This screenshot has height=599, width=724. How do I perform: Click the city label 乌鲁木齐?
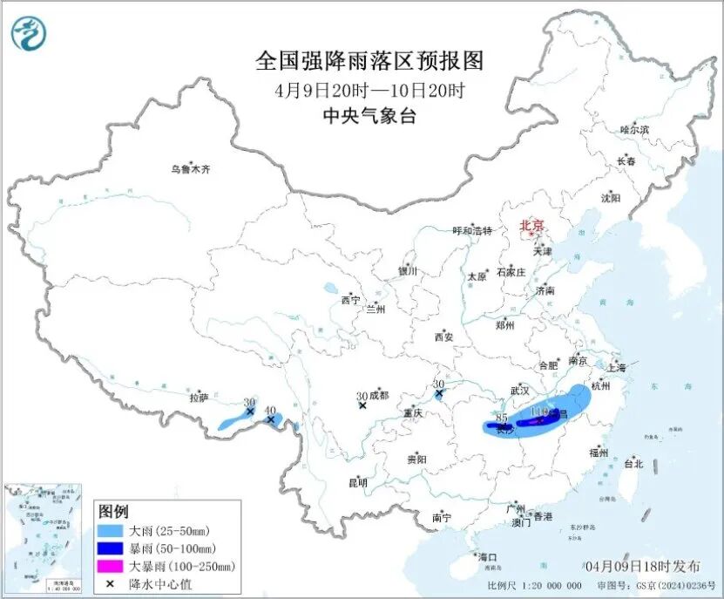point(190,169)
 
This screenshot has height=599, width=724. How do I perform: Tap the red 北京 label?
point(531,226)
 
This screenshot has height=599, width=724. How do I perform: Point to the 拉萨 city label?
point(200,398)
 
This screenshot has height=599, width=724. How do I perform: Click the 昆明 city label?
point(357,482)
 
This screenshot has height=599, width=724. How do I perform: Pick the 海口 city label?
point(486,557)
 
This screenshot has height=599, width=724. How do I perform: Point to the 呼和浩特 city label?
point(472,231)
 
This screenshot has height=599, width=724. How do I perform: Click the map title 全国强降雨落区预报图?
point(369,61)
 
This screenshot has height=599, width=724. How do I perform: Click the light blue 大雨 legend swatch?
point(111,530)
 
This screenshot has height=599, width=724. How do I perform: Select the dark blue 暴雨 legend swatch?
point(111,548)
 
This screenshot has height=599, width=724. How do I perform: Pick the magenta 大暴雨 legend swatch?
point(111,567)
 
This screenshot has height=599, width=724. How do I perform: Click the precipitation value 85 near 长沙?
point(500,418)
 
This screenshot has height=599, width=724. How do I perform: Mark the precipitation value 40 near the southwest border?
point(270,410)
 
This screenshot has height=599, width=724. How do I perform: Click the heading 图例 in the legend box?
point(113,510)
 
